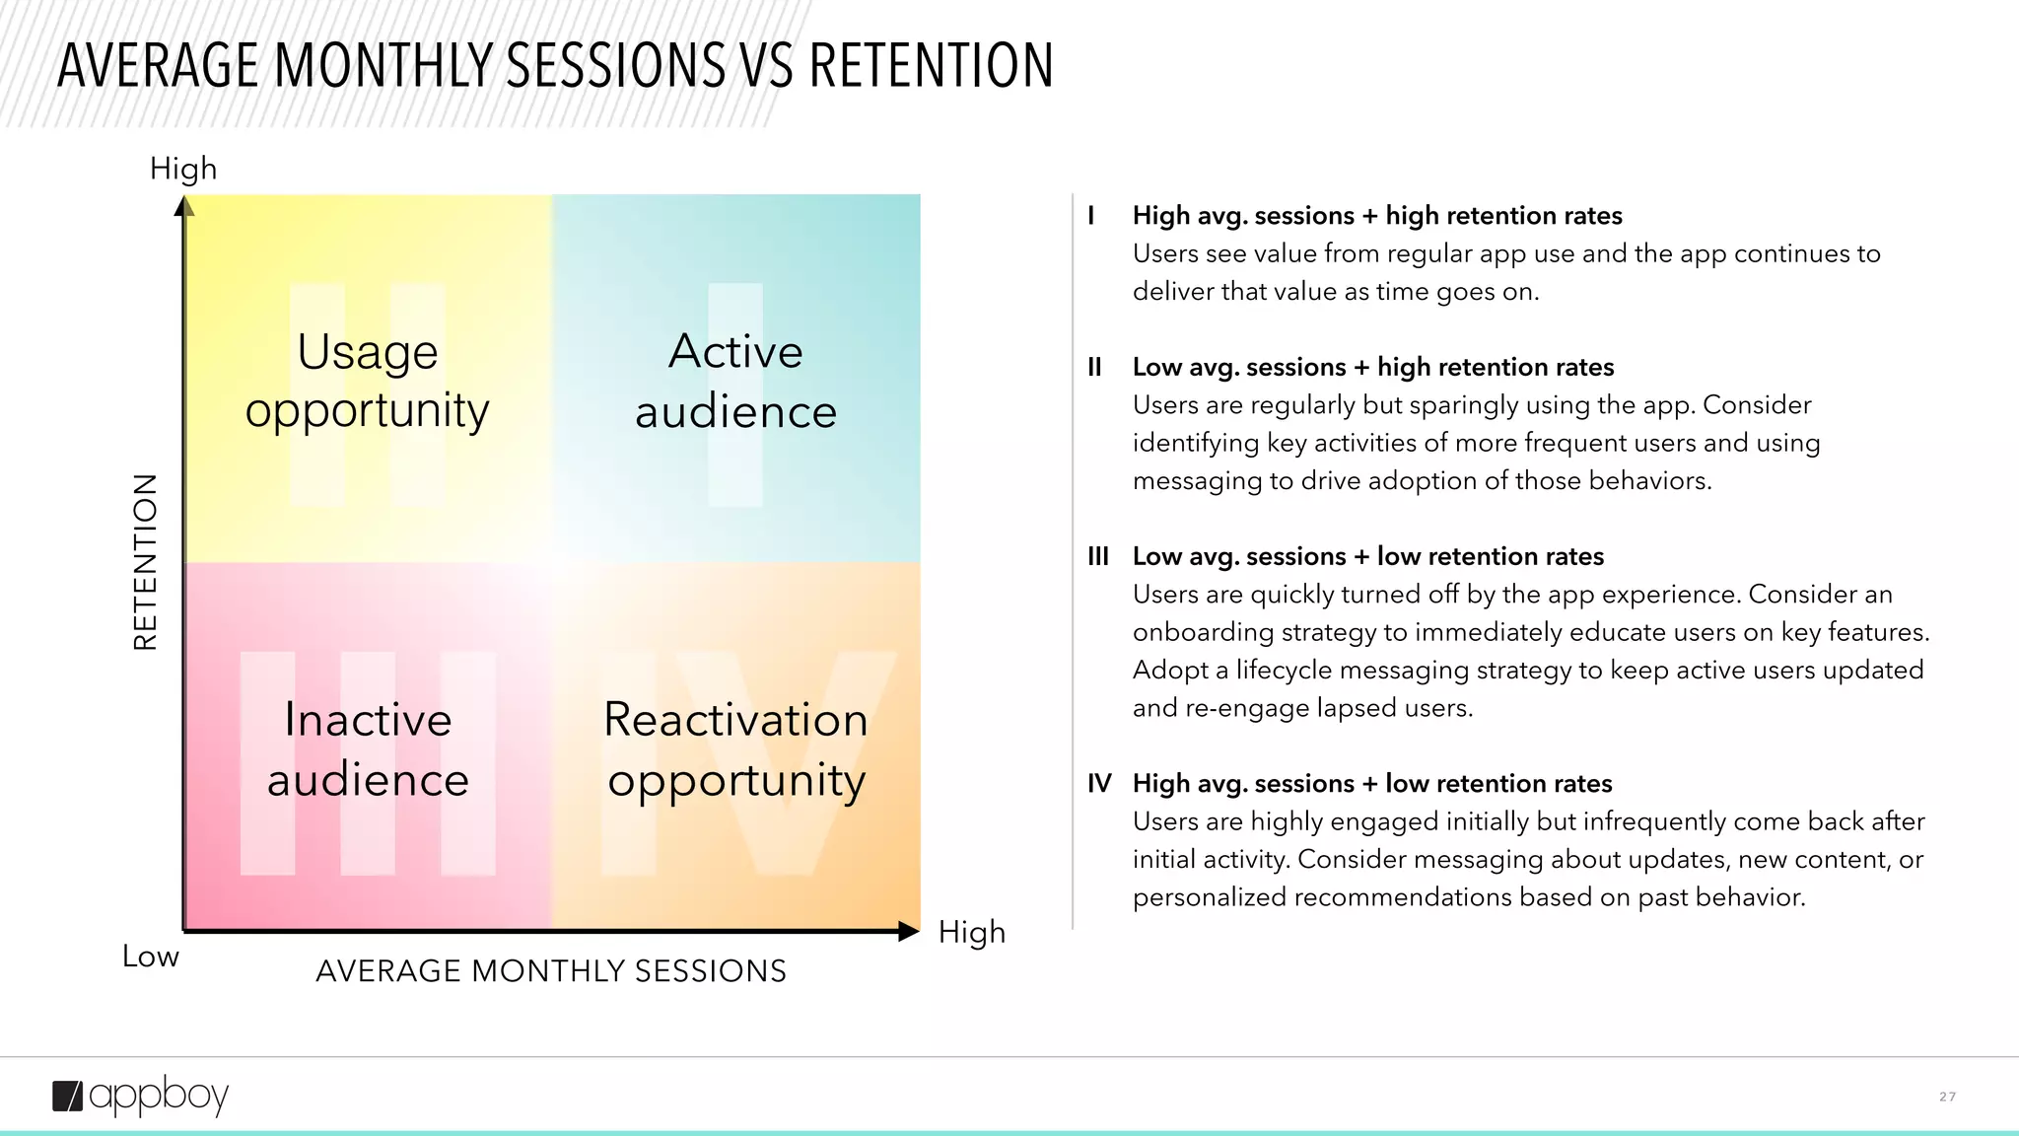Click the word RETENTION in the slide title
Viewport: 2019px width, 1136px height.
(x=931, y=66)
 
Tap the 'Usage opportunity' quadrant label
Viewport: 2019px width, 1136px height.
(x=367, y=381)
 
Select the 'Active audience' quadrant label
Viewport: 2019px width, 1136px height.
(x=735, y=381)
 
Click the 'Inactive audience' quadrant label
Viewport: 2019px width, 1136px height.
(x=368, y=749)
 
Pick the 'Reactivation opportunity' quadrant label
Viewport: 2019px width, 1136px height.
(x=735, y=749)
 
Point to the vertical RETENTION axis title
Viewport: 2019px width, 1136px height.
(x=146, y=562)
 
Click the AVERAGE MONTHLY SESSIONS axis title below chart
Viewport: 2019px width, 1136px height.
(x=550, y=971)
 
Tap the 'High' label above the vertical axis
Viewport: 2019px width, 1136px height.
(x=183, y=169)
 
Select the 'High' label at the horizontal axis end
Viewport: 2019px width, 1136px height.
(x=971, y=932)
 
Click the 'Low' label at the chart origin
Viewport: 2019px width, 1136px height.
(x=151, y=957)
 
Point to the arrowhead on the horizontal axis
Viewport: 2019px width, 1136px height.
(x=908, y=931)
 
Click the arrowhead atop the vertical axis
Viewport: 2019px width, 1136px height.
(x=184, y=206)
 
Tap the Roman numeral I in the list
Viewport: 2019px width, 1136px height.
(x=1091, y=216)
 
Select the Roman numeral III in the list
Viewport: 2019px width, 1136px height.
(x=1098, y=556)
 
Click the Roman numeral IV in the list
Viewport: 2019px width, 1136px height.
(x=1099, y=784)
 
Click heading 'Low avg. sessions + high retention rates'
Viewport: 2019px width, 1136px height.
(x=1372, y=367)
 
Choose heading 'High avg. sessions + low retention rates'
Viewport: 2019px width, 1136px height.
(x=1371, y=784)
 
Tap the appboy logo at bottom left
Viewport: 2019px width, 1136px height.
(x=140, y=1096)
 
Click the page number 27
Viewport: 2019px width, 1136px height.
(x=1947, y=1097)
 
